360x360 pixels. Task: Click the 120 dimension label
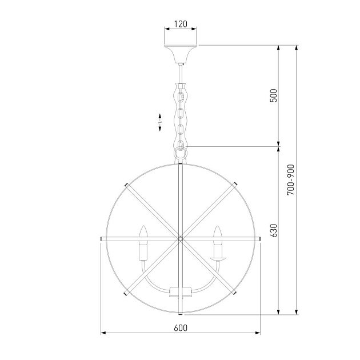tap(181, 24)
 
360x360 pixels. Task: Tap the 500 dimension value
tap(274, 95)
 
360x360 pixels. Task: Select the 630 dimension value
tap(274, 230)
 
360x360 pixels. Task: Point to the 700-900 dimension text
tap(291, 180)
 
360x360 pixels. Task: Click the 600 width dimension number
tap(181, 328)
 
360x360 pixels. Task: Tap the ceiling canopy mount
tap(181, 54)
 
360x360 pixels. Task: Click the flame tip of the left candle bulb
tap(143, 226)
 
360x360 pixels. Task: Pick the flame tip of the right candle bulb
tap(217, 226)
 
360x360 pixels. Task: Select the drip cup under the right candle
tap(217, 259)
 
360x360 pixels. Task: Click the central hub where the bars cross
tap(181, 239)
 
